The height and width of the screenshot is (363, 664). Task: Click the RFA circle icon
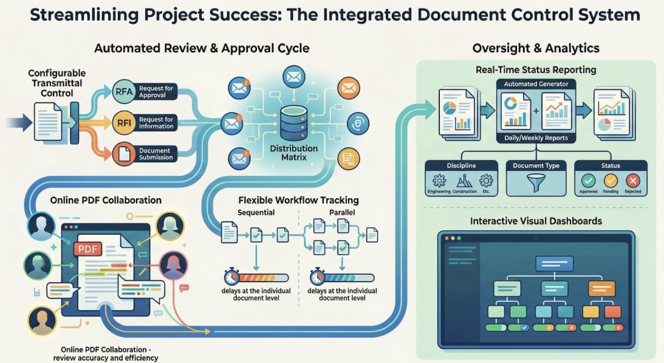click(122, 92)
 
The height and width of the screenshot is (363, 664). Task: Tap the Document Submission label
click(156, 154)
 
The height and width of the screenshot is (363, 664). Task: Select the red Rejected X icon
click(633, 180)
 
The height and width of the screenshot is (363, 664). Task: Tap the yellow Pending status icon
click(610, 180)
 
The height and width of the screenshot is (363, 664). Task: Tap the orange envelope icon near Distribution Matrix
click(348, 89)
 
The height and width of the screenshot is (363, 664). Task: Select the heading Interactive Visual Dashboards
click(536, 221)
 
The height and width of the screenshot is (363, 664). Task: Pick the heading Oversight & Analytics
click(536, 48)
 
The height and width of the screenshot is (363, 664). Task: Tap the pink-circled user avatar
click(173, 266)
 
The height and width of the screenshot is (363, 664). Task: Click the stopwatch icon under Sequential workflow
click(231, 277)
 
